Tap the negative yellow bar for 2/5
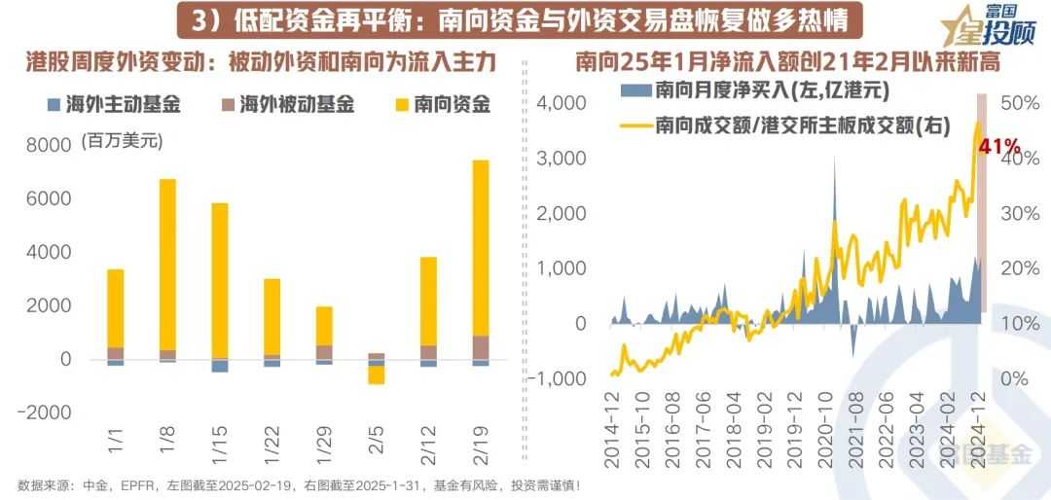point(377,374)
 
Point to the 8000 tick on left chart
point(54,145)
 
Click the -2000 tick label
point(51,412)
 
